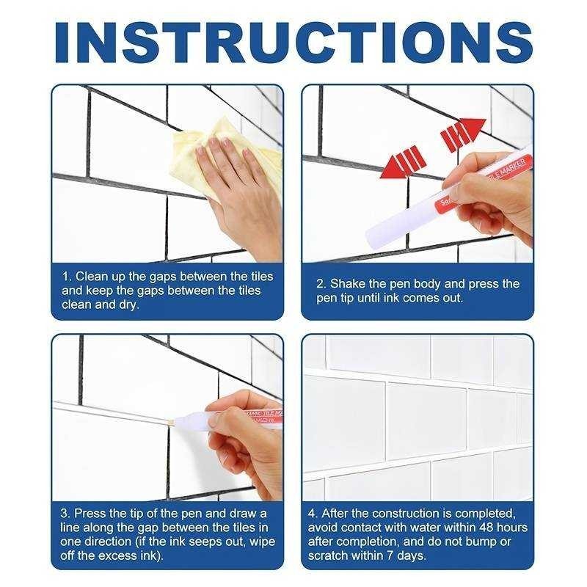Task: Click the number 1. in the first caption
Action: click(x=67, y=277)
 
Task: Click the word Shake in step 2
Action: click(x=347, y=284)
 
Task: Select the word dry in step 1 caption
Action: click(x=126, y=305)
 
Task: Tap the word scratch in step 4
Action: click(x=329, y=555)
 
